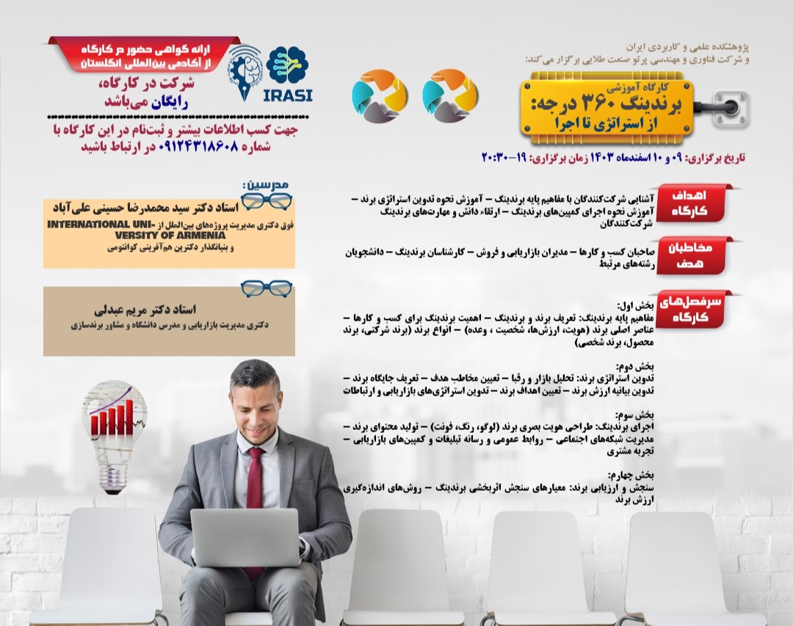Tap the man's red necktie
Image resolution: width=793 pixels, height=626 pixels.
point(255,484)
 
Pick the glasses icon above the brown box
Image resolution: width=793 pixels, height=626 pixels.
point(266,288)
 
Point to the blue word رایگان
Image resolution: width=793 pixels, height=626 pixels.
point(170,103)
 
